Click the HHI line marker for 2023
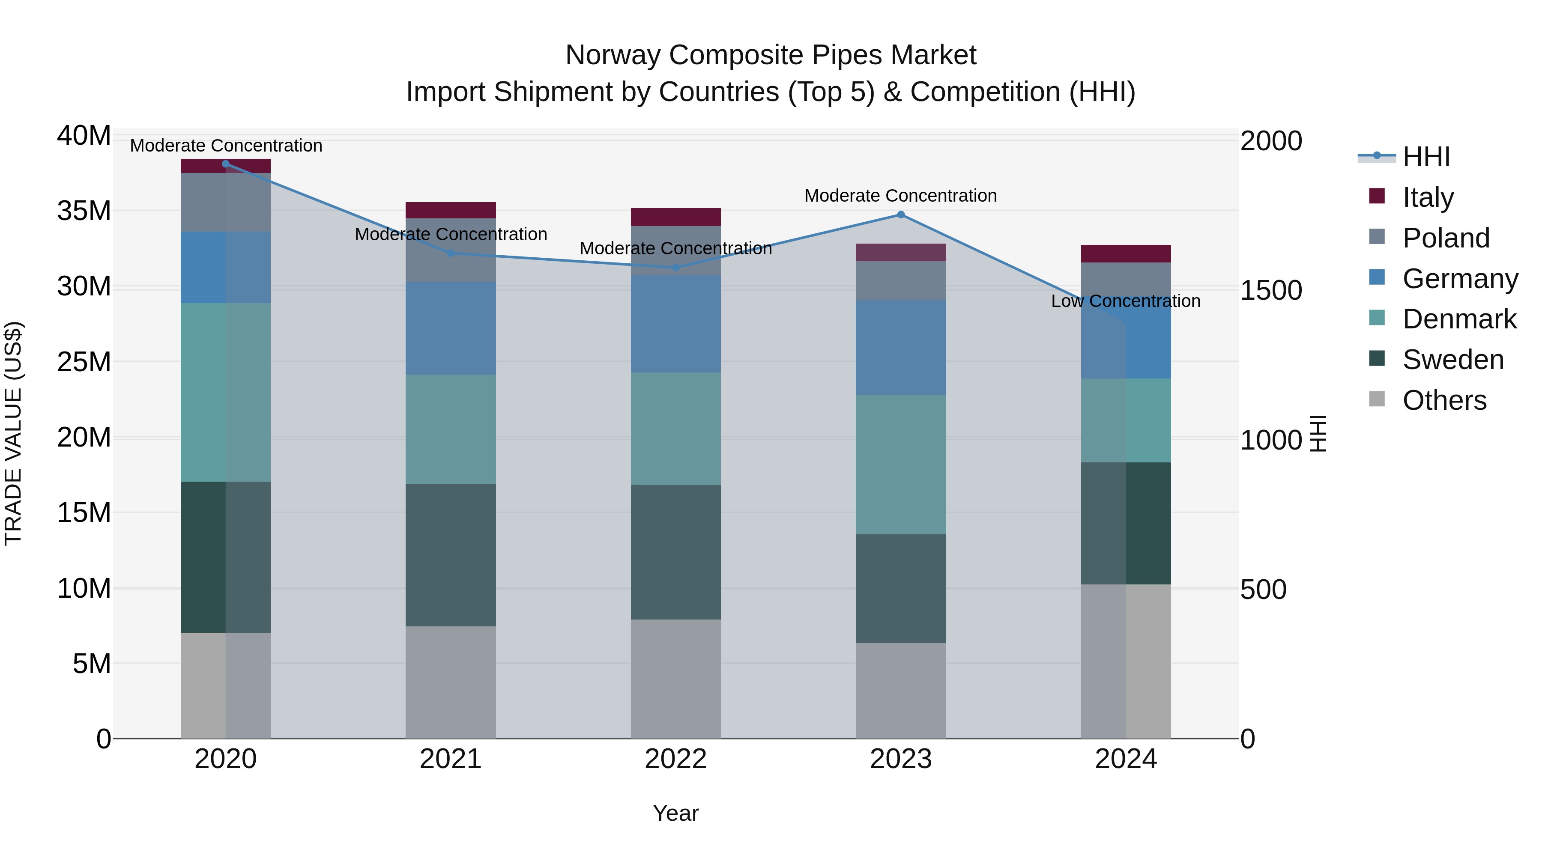[901, 215]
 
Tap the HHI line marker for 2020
[226, 164]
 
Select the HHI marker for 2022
[676, 268]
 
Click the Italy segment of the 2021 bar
[451, 210]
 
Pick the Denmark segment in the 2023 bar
[901, 464]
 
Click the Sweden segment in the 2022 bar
[676, 552]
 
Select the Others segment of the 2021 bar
[451, 682]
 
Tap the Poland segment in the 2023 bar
[901, 280]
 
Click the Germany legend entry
[1459, 279]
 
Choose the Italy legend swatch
[1377, 196]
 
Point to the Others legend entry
[1444, 400]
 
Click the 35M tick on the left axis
[84, 211]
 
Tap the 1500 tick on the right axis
[1270, 291]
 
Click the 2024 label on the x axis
[1125, 759]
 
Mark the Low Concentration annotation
[1125, 301]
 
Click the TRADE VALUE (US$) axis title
[13, 433]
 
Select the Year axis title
[676, 813]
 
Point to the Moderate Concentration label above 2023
[900, 196]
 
